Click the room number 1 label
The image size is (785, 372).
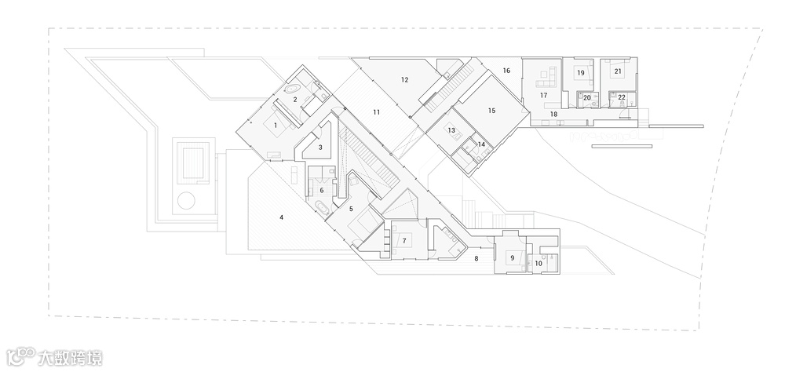(x=276, y=125)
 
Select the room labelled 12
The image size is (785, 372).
(x=404, y=79)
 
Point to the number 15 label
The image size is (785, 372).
(x=491, y=111)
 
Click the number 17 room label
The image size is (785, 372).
(x=542, y=95)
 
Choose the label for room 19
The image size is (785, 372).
(x=580, y=72)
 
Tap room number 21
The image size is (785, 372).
(x=618, y=71)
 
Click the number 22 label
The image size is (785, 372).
(x=622, y=97)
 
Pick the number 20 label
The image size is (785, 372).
(x=586, y=97)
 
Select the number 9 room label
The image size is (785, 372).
(x=512, y=257)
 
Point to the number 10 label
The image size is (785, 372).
(x=538, y=264)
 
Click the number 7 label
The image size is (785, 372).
(x=403, y=240)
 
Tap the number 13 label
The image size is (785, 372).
(x=451, y=131)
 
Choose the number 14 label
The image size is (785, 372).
(x=481, y=144)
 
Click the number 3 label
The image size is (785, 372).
(x=320, y=147)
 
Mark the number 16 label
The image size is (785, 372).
(x=506, y=71)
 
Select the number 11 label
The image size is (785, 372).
(x=376, y=112)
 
